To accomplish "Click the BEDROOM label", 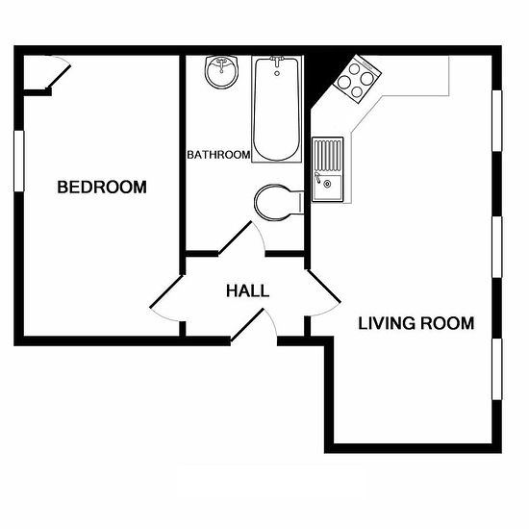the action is pyautogui.click(x=102, y=188).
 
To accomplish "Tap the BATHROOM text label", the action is pyautogui.click(x=218, y=155).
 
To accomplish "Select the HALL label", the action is pyautogui.click(x=247, y=290).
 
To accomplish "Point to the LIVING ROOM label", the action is pyautogui.click(x=416, y=323).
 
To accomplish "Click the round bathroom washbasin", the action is pyautogui.click(x=221, y=72).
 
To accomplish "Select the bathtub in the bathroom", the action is pyautogui.click(x=277, y=109).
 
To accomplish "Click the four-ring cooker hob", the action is pyautogui.click(x=358, y=79).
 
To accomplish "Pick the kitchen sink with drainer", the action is pyautogui.click(x=328, y=169).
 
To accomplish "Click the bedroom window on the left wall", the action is pyautogui.click(x=19, y=162).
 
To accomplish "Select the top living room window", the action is pyautogui.click(x=497, y=121).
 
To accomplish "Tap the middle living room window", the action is pyautogui.click(x=497, y=247).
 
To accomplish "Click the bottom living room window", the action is pyautogui.click(x=497, y=369).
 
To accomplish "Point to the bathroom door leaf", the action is pyautogui.click(x=235, y=238).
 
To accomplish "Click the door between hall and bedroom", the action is pyautogui.click(x=166, y=291).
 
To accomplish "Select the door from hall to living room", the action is pyautogui.click(x=324, y=286).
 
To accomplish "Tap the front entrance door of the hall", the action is pyautogui.click(x=247, y=325).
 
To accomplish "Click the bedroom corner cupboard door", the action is pyautogui.click(x=59, y=77).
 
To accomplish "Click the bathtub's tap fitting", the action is pyautogui.click(x=277, y=62).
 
